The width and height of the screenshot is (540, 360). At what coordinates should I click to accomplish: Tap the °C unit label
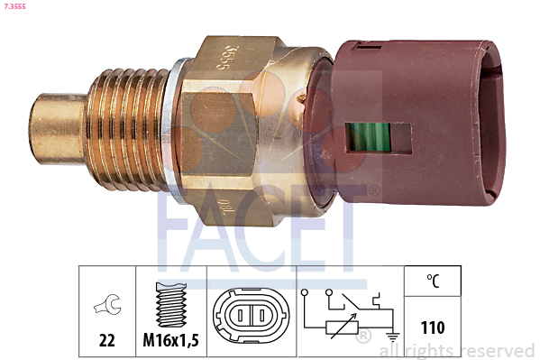pos(433,282)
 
